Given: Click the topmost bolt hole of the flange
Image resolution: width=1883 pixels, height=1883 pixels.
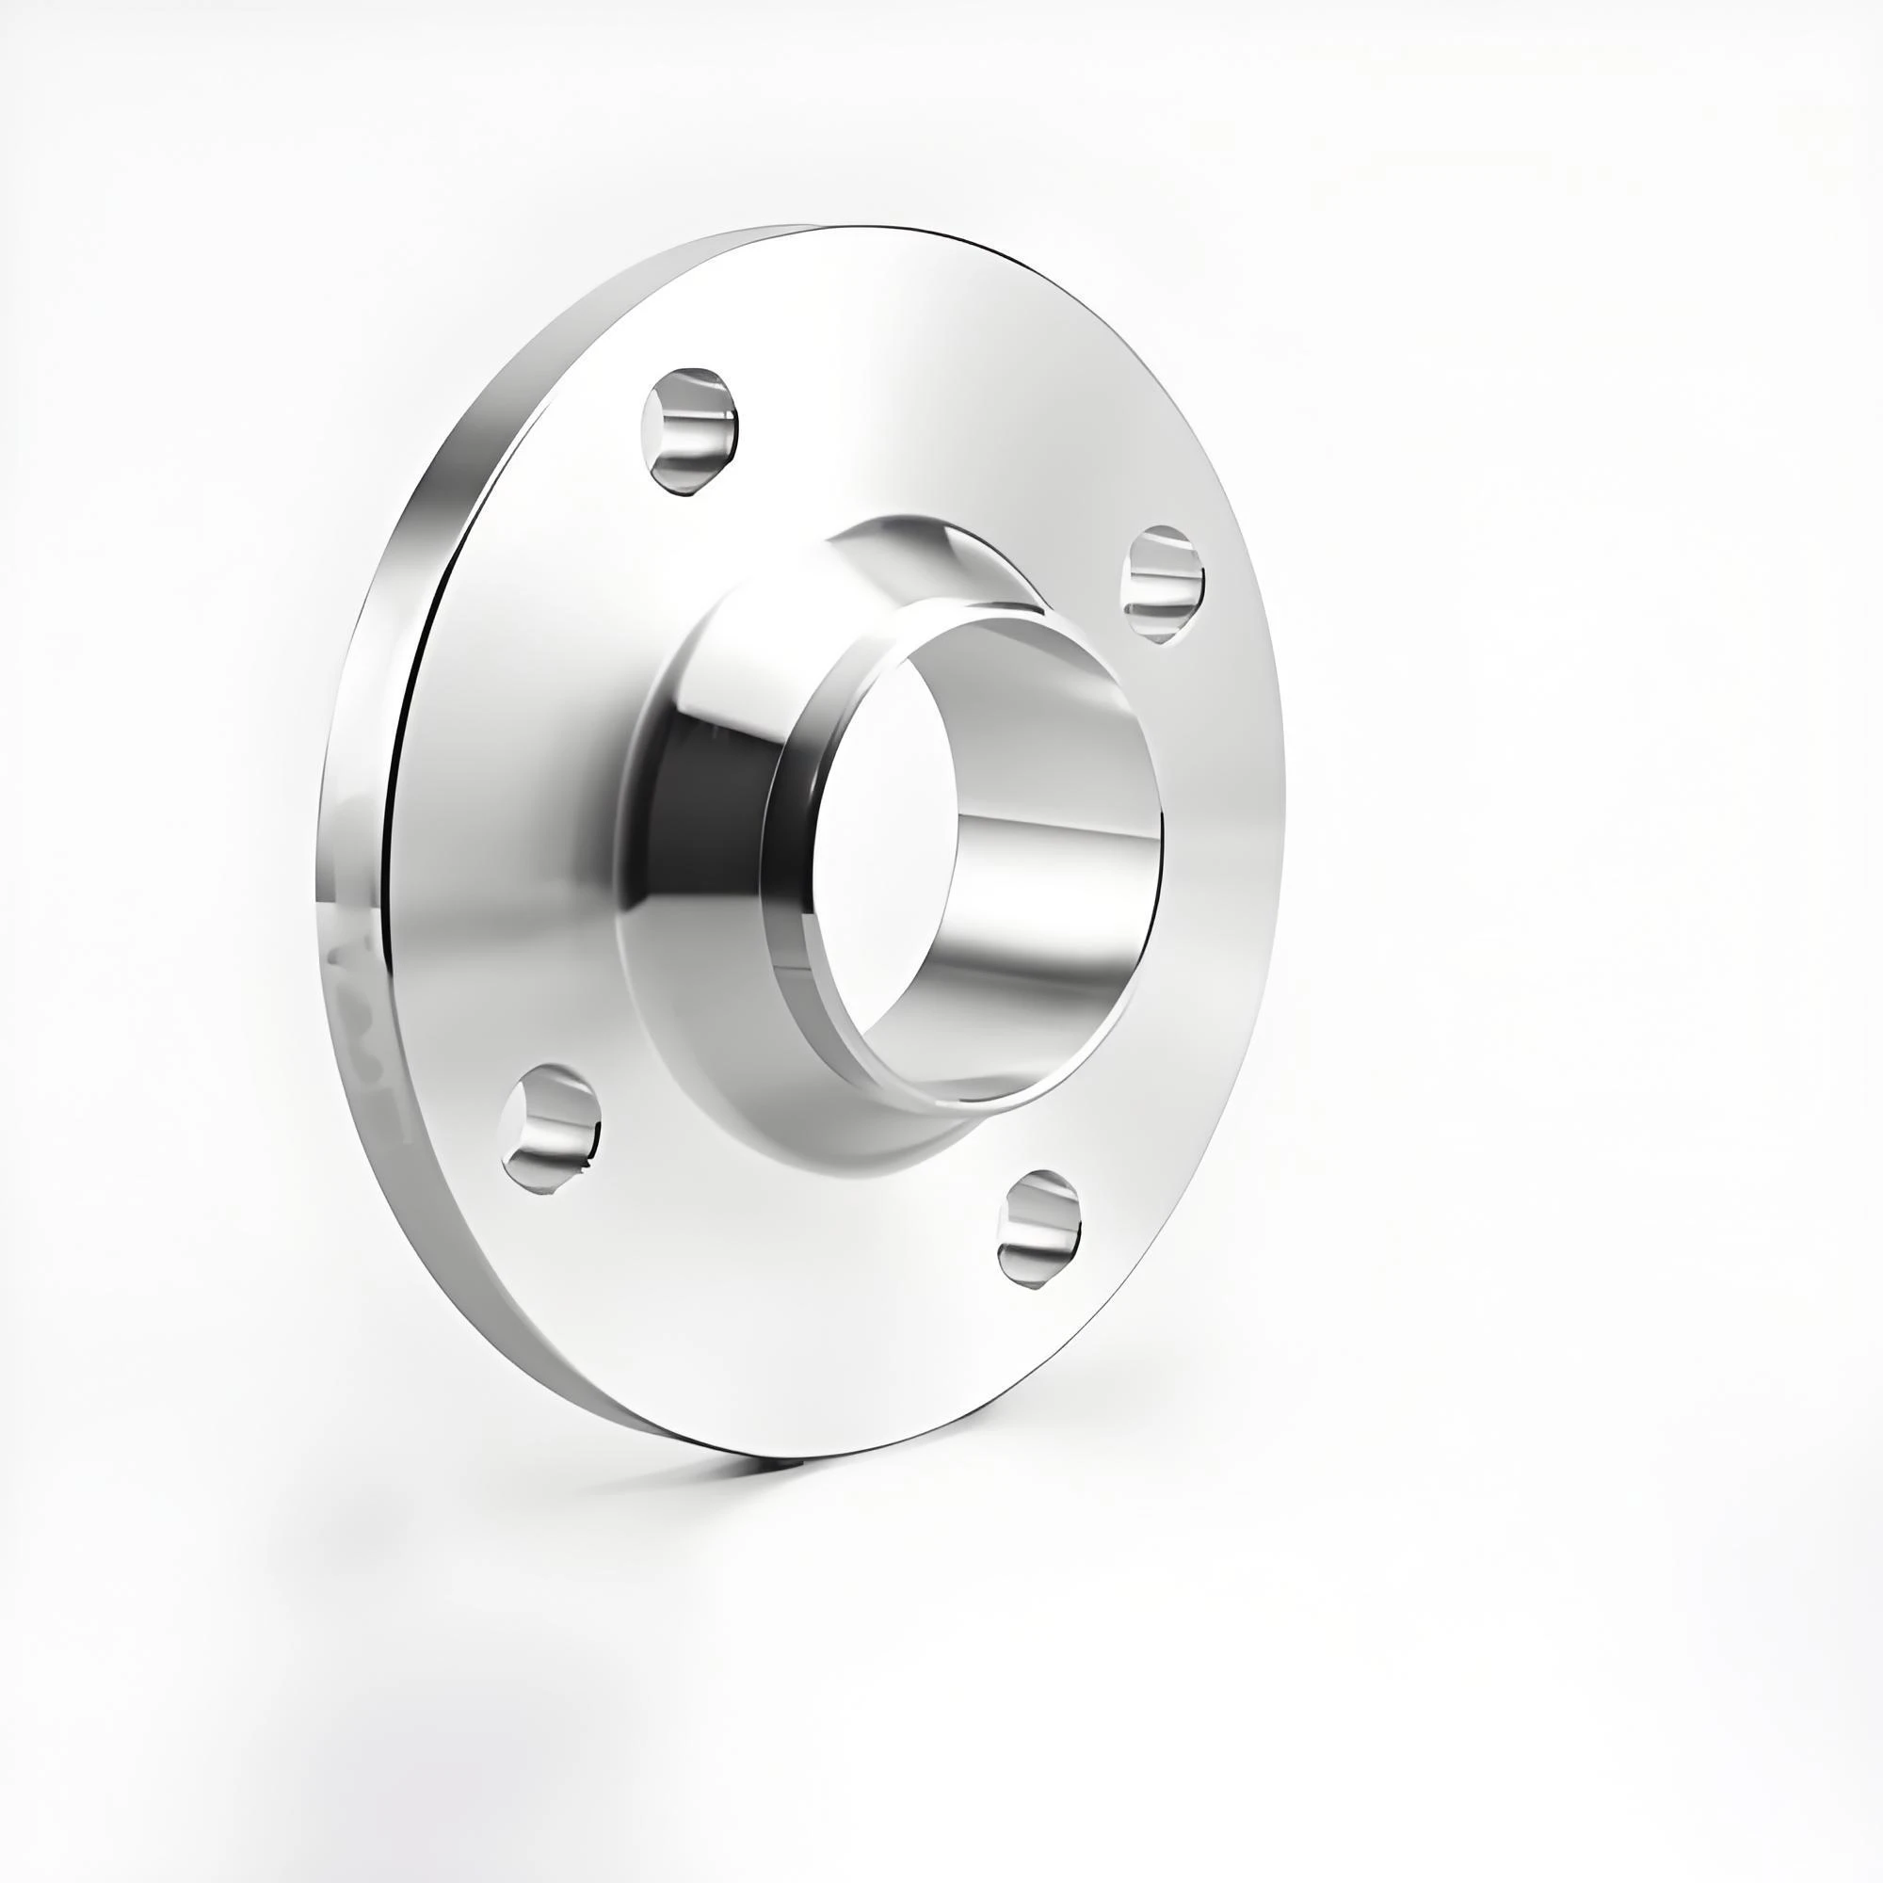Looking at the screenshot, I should (x=688, y=433).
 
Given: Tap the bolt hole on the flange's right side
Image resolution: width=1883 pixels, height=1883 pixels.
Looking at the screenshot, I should (x=1163, y=583).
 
